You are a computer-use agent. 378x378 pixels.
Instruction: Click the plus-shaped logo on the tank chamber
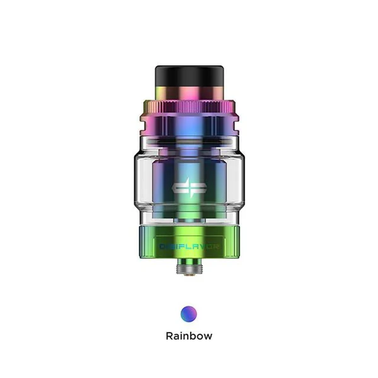(189, 187)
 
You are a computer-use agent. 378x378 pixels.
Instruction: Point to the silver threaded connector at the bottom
(189, 268)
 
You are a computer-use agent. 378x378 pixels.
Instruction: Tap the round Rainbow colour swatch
(189, 313)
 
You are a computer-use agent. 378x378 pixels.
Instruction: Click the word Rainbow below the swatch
(189, 336)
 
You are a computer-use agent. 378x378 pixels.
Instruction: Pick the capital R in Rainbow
(169, 336)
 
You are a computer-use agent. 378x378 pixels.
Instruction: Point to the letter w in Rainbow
(207, 336)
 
